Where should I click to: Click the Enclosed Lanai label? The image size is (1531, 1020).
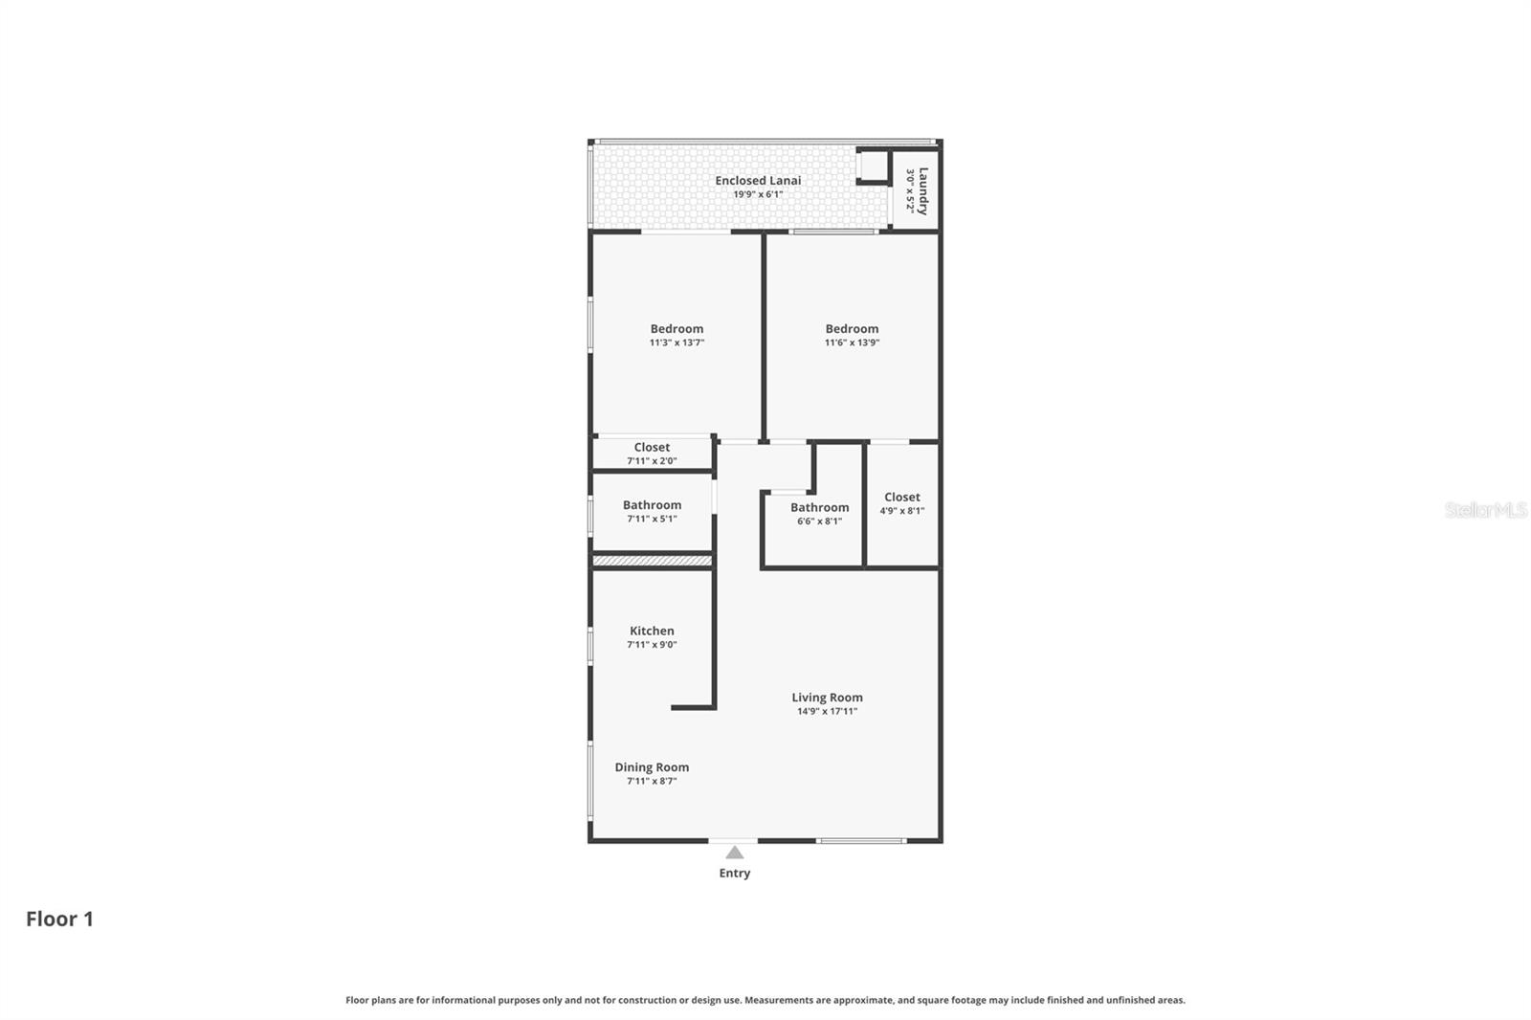[x=758, y=181]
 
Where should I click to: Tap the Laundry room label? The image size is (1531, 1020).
[x=922, y=190]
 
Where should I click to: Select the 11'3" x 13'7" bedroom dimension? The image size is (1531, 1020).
[x=677, y=343]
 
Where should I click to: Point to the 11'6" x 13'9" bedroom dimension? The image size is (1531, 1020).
[x=852, y=343]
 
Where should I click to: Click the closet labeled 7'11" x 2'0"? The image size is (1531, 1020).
[x=652, y=454]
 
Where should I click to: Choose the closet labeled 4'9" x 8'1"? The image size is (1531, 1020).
[x=901, y=503]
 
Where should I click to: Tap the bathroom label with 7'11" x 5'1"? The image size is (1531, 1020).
[x=652, y=511]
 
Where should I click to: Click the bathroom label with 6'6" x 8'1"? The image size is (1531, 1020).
[x=819, y=514]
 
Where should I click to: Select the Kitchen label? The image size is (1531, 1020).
[x=652, y=631]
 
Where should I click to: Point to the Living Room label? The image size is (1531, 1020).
[x=827, y=698]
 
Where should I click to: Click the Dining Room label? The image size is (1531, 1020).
[x=652, y=767]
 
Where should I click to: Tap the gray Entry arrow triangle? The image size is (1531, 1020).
[x=734, y=853]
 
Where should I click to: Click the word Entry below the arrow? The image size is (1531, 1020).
[x=734, y=873]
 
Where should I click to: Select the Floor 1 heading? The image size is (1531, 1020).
[x=59, y=919]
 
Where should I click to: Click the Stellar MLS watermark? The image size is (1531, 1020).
[x=1485, y=510]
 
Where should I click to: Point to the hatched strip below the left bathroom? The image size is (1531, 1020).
[x=652, y=561]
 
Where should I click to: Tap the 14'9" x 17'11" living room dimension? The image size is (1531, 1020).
[x=827, y=712]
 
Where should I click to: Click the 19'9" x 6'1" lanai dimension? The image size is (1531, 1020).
[x=758, y=194]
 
